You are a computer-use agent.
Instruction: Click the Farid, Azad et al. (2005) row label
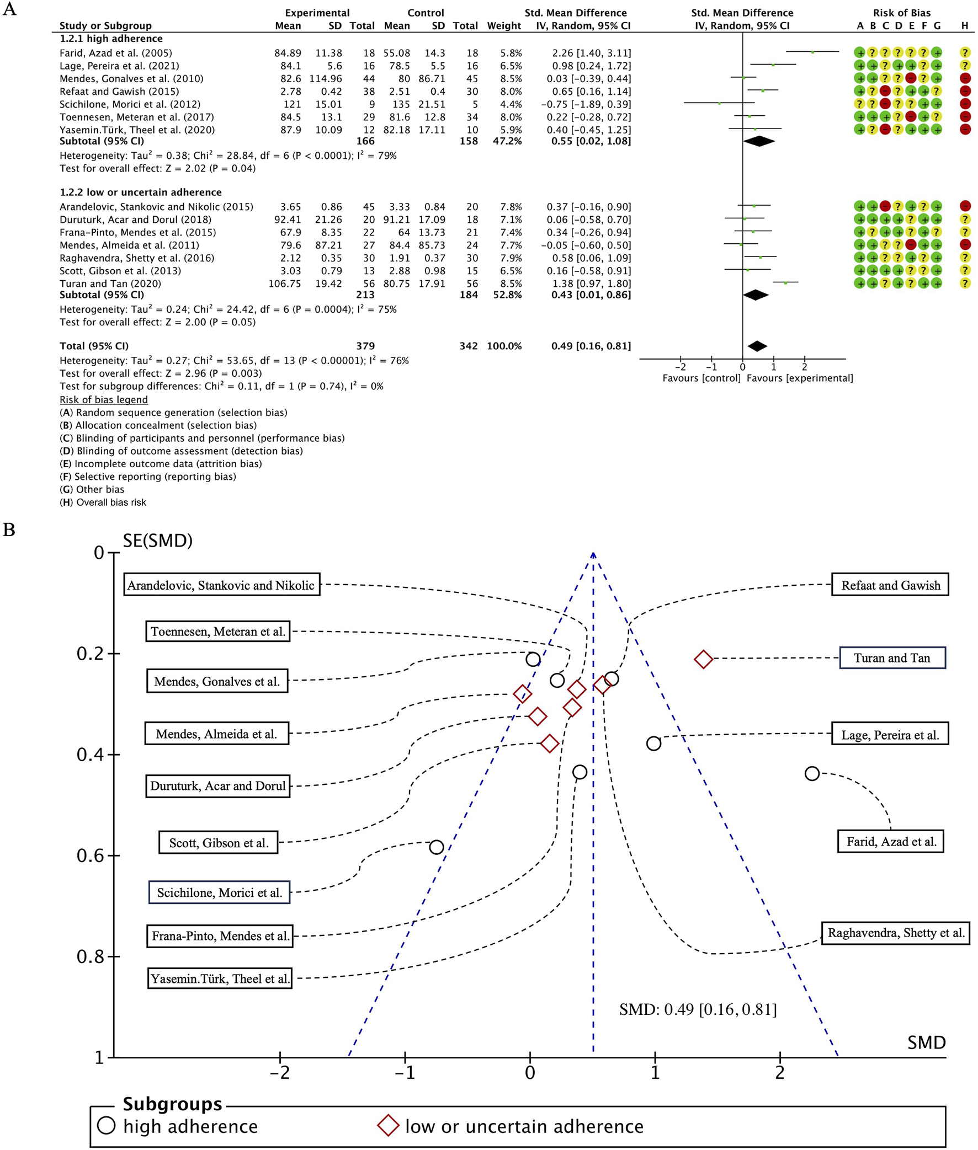[116, 53]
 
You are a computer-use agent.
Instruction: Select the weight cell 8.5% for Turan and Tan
[511, 284]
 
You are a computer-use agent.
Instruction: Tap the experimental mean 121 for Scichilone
[292, 104]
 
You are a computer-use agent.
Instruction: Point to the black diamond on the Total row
[757, 346]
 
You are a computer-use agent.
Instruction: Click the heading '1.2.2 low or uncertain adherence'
[140, 192]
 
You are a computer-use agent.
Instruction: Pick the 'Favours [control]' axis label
[701, 378]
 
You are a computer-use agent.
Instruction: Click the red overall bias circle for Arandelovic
[965, 206]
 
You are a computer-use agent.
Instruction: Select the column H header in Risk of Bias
[965, 25]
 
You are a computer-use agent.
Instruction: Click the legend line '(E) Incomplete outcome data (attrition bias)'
[161, 464]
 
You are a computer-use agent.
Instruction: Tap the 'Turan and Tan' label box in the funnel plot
[891, 658]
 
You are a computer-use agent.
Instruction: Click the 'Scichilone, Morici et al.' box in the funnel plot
[220, 892]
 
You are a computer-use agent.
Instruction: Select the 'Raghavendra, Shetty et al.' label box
[895, 933]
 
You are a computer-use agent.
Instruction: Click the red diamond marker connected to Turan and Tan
[703, 659]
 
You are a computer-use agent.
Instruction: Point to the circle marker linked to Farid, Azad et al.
[812, 773]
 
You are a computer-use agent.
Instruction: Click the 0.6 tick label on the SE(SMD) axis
[90, 855]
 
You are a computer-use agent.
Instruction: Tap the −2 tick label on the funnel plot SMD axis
[279, 1073]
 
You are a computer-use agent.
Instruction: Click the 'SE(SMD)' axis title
[157, 541]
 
